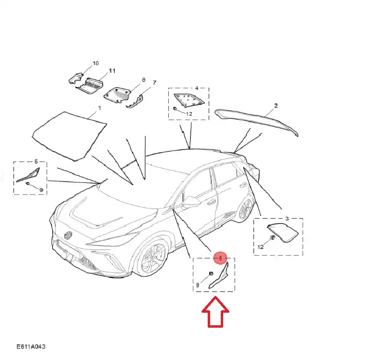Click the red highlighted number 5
pos(220,258)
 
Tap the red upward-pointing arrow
pos(215,312)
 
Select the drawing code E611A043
pos(31,346)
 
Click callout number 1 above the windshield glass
pos(99,108)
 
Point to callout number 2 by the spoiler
pos(276,106)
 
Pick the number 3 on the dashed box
pos(287,219)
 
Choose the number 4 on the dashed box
pos(197,88)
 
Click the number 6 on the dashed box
pos(36,162)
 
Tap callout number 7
pos(154,83)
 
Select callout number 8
pos(144,80)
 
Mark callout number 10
pos(95,63)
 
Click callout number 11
pos(112,71)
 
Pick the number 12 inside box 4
pos(189,114)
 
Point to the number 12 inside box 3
pos(260,247)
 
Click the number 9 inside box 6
pos(41,190)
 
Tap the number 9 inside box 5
pos(198,285)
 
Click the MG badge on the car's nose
pos(68,235)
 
